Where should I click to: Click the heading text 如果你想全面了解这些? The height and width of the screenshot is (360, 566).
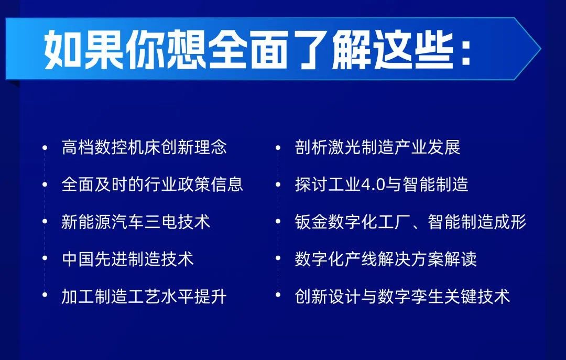[x=248, y=49]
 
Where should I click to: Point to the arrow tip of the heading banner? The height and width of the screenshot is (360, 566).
[x=541, y=48]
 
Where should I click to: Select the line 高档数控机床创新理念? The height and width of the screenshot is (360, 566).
[x=144, y=147]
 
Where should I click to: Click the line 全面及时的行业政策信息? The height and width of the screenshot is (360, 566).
[x=153, y=184]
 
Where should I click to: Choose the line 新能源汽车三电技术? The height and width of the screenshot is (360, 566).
[x=136, y=221]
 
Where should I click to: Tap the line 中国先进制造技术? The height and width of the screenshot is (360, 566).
[x=127, y=258]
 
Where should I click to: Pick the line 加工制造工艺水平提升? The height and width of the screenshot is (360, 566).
[x=144, y=296]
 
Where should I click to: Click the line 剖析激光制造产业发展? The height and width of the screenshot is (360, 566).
[x=377, y=147]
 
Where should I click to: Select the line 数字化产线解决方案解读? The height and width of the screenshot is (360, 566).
[x=386, y=258]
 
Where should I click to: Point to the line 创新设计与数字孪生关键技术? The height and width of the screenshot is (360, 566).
[x=402, y=296]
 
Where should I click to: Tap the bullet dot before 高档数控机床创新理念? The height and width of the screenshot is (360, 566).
[x=45, y=147]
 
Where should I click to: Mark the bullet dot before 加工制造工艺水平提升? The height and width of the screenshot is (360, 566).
[x=45, y=295]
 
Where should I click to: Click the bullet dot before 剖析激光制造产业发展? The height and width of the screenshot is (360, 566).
[x=278, y=147]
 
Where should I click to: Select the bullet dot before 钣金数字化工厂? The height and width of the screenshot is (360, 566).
[x=278, y=221]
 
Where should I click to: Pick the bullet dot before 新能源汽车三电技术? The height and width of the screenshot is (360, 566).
[x=45, y=221]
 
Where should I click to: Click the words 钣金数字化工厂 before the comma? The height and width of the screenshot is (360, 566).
[x=353, y=221]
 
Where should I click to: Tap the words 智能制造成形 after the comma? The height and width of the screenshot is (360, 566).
[x=477, y=221]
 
